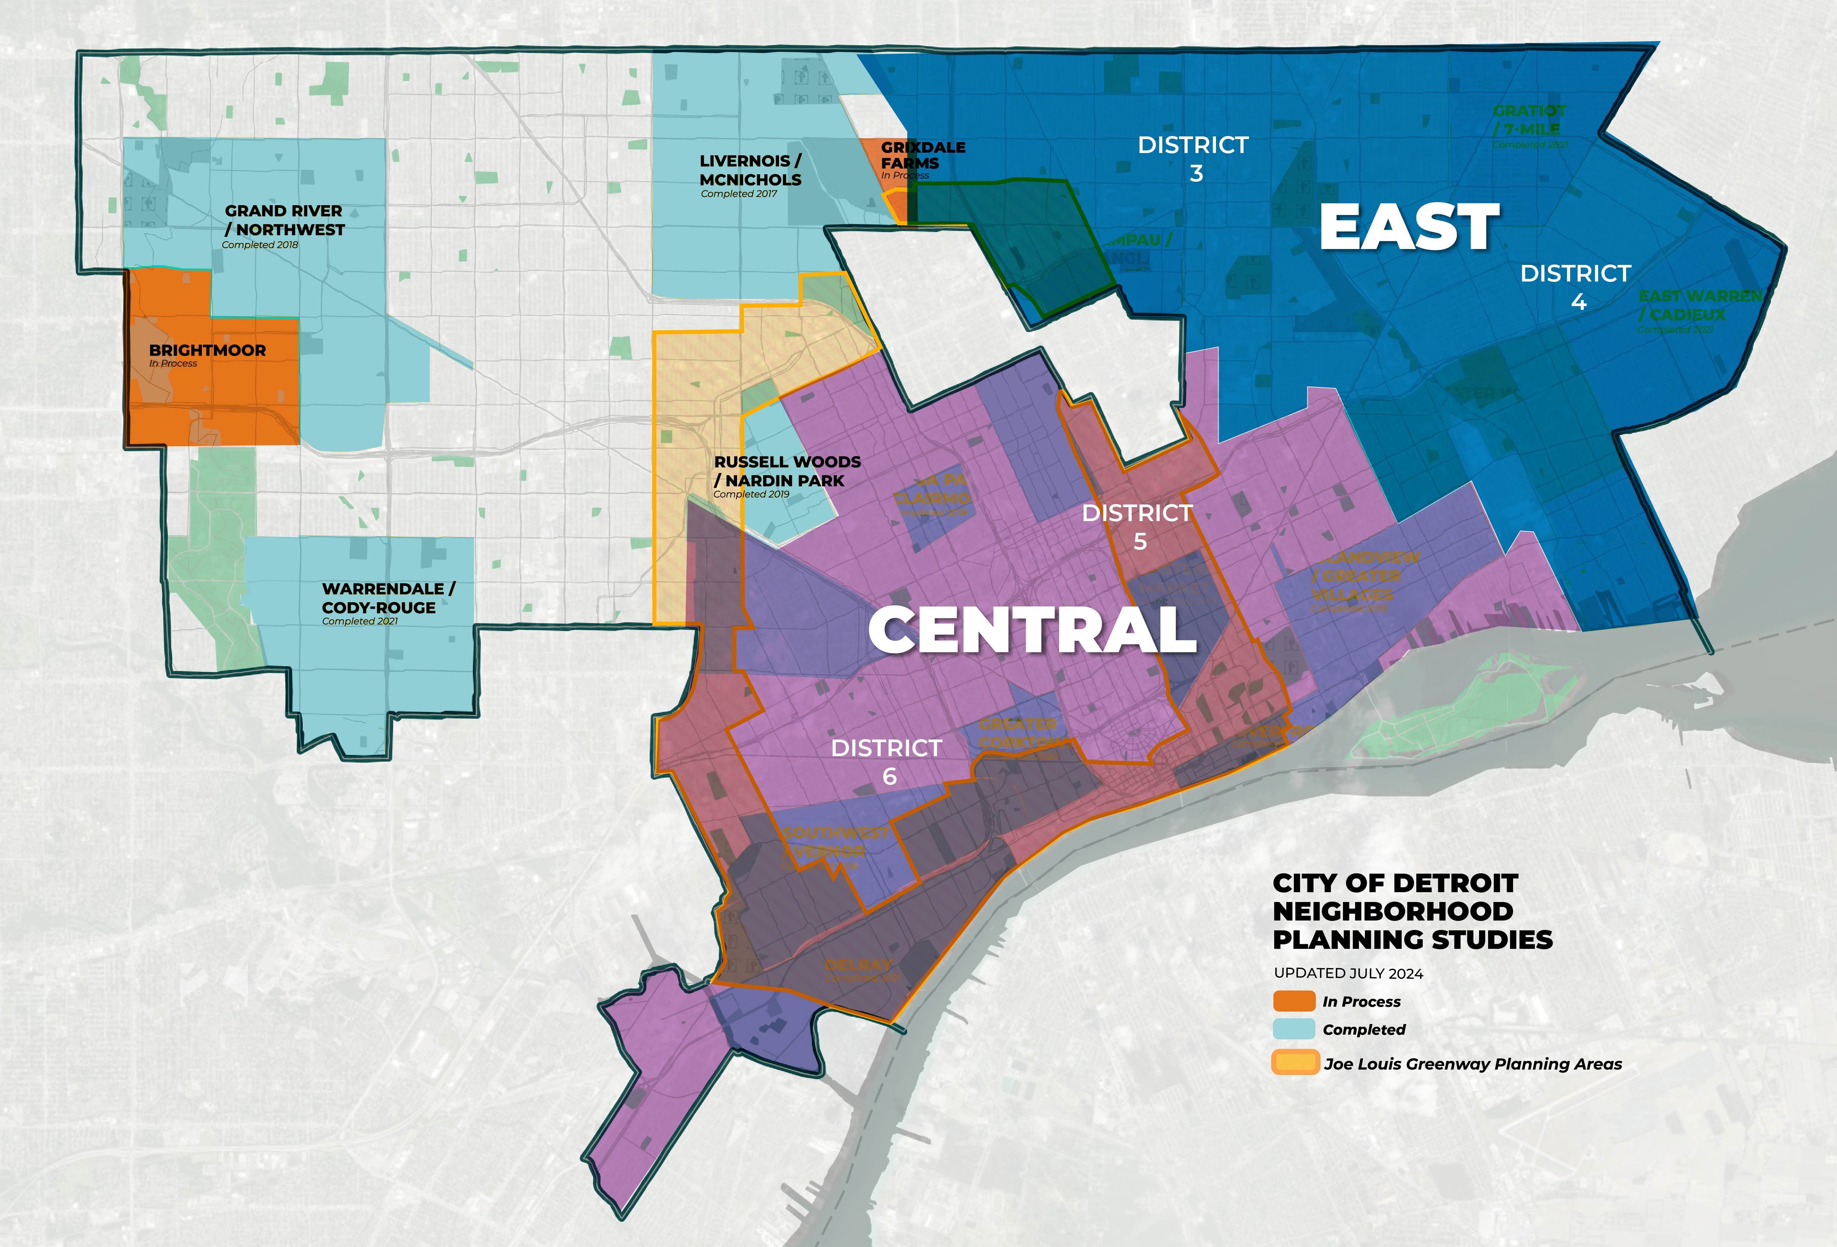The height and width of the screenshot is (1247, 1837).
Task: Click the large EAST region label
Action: [1410, 227]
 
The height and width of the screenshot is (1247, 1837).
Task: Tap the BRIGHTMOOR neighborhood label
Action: [207, 350]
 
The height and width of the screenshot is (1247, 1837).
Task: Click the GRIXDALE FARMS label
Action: [922, 155]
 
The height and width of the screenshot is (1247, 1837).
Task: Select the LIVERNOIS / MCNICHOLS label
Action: [750, 170]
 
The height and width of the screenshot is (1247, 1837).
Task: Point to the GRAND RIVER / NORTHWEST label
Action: [285, 220]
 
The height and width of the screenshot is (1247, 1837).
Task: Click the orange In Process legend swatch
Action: [1294, 1001]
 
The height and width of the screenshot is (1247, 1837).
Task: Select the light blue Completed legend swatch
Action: [1294, 1029]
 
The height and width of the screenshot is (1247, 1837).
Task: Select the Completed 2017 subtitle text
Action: [738, 193]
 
